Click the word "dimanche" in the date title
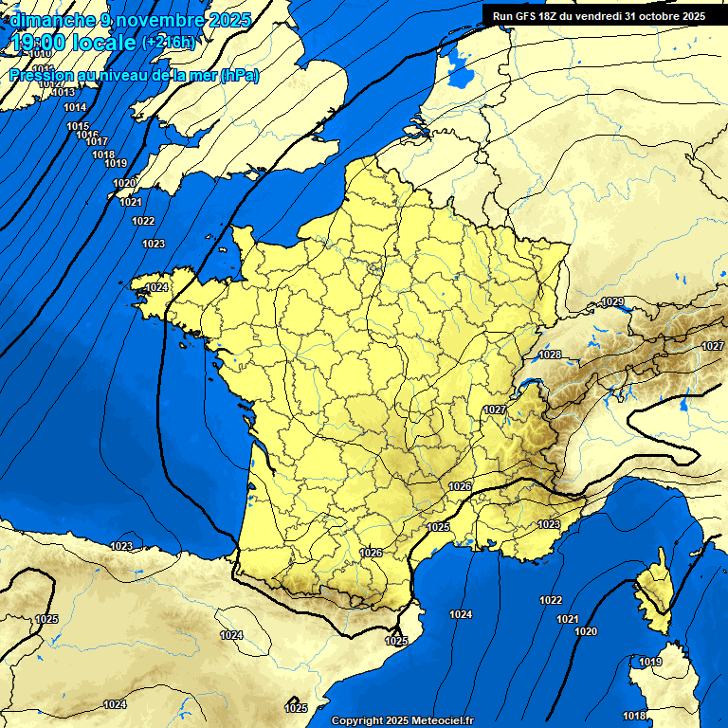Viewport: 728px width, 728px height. coord(51,20)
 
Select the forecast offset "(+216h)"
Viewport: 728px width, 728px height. coord(168,43)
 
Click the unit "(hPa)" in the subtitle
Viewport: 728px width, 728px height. coord(238,76)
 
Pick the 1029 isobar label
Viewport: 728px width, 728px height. coord(613,301)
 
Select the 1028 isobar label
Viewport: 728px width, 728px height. coord(550,355)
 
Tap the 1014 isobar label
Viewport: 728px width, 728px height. coord(75,107)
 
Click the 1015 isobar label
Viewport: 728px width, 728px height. coord(78,126)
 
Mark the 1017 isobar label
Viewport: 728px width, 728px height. coord(97,141)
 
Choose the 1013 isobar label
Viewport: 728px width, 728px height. coord(64,92)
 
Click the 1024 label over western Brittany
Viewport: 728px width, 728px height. coord(157,286)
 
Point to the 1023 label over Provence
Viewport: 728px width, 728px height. coord(549,523)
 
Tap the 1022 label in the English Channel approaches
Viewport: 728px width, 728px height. coord(143,221)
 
